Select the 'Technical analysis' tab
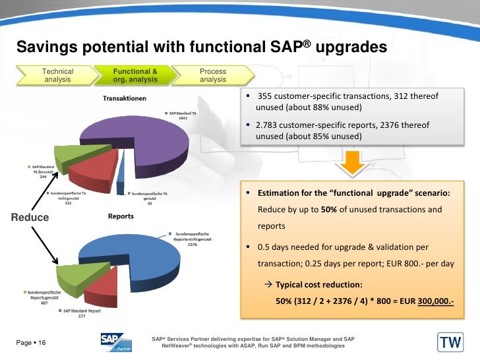[x=58, y=75]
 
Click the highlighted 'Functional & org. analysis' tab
[x=135, y=75]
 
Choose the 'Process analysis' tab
[x=213, y=75]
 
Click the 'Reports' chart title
[x=121, y=216]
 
